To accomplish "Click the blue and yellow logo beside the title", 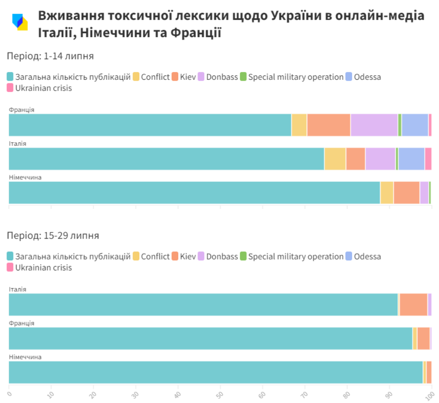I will pyautogui.click(x=20, y=22).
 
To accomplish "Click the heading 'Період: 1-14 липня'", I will pyautogui.click(x=50, y=56).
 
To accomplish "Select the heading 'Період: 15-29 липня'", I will pyautogui.click(x=53, y=236).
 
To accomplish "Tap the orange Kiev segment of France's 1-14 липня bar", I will pyautogui.click(x=328, y=125).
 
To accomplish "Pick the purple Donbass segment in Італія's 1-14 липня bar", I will pyautogui.click(x=380, y=159).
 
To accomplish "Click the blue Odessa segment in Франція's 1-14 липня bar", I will pyautogui.click(x=415, y=125).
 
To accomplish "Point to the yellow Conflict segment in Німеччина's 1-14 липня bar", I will pyautogui.click(x=387, y=193).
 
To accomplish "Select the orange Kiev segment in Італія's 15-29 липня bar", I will pyautogui.click(x=413, y=304).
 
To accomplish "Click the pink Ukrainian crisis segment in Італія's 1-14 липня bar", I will pyautogui.click(x=428, y=159).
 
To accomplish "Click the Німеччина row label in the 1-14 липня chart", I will pyautogui.click(x=25, y=178).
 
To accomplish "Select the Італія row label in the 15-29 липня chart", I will pyautogui.click(x=17, y=289).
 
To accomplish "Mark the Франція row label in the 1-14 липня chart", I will pyautogui.click(x=21, y=110).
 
